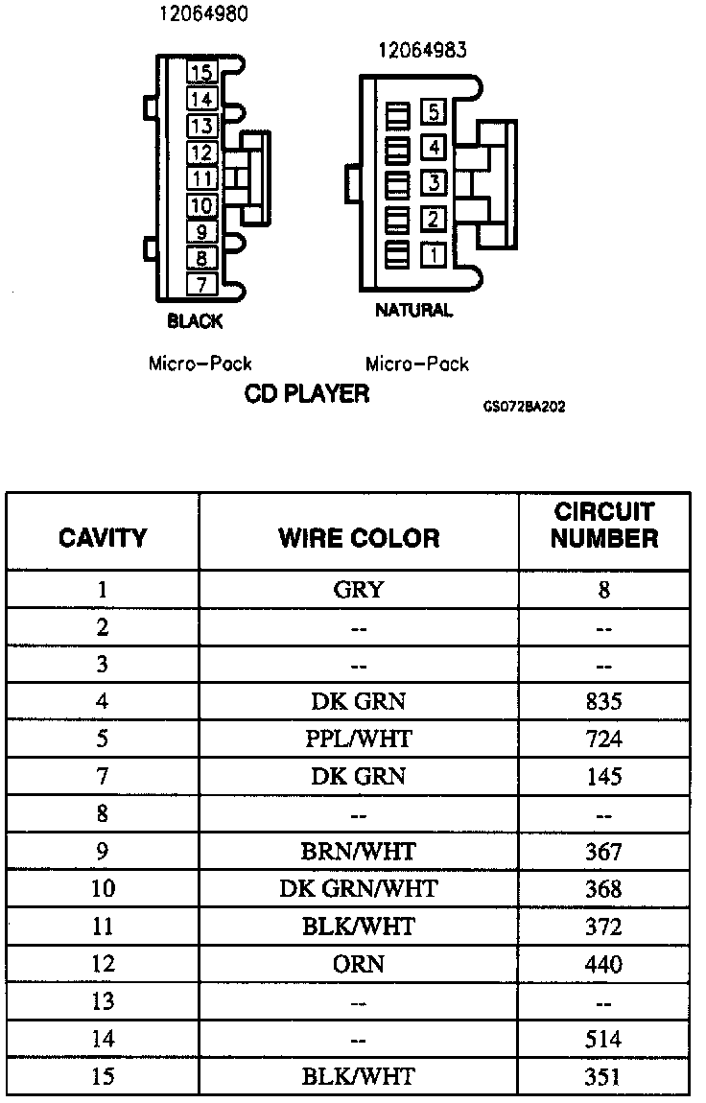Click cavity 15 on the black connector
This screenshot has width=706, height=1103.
click(200, 73)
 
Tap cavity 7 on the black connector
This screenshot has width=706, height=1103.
click(200, 284)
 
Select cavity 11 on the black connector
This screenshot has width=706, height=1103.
click(200, 178)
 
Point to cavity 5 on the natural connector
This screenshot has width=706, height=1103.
click(433, 113)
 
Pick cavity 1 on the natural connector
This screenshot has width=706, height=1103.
click(433, 255)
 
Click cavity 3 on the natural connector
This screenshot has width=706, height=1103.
click(433, 182)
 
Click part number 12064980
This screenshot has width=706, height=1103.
click(201, 15)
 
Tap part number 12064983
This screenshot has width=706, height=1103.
click(422, 50)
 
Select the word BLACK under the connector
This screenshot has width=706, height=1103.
click(195, 321)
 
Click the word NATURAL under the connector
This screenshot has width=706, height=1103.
click(413, 311)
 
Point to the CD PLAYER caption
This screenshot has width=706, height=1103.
click(307, 394)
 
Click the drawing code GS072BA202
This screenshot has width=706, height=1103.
click(524, 407)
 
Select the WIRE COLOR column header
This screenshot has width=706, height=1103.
click(359, 537)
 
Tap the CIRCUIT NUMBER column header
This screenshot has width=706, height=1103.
click(603, 525)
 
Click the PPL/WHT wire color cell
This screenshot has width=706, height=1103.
click(358, 739)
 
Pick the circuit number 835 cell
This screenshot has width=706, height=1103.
click(603, 702)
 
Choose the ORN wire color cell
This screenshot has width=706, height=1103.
click(358, 965)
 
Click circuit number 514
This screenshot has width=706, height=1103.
click(603, 1040)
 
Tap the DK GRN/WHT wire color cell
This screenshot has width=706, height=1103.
click(358, 889)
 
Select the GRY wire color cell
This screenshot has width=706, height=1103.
click(358, 589)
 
